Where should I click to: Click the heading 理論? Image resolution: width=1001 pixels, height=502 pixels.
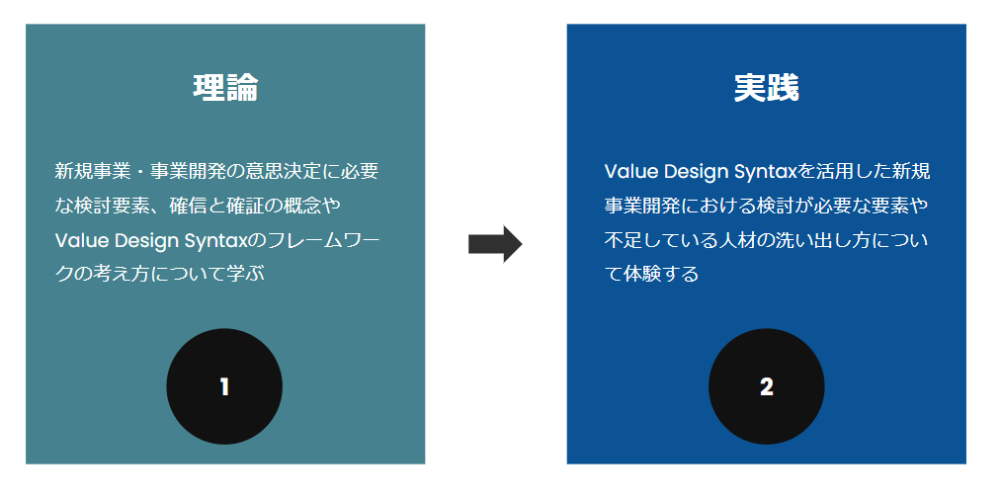[224, 88]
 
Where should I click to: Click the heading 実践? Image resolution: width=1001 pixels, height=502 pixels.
[766, 88]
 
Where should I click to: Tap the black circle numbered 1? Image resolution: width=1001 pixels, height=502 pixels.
[224, 386]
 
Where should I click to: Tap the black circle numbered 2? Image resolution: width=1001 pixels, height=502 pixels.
[766, 386]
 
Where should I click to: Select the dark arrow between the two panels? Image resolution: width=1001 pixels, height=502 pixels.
[494, 244]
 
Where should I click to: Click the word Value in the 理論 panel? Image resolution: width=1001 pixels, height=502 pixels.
[77, 240]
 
